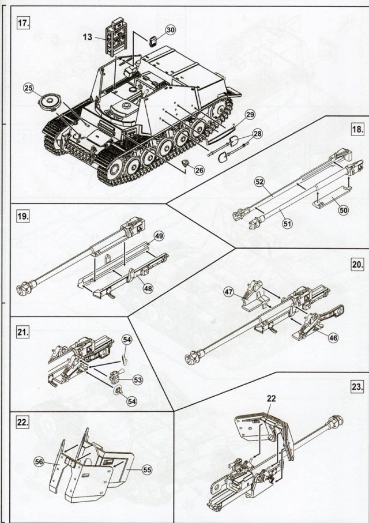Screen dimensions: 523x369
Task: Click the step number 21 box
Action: tap(22, 332)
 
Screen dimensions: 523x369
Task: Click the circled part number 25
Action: tap(29, 88)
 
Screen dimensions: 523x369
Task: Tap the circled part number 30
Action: tap(170, 29)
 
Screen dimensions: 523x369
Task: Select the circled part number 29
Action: tap(249, 114)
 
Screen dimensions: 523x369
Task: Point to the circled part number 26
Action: tap(199, 170)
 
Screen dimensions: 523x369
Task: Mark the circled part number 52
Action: tap(259, 182)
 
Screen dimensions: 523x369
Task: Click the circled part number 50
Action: tap(343, 210)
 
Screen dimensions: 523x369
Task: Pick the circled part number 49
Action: tap(159, 235)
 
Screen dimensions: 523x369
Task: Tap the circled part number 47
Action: tap(228, 293)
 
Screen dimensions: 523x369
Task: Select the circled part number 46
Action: tap(333, 338)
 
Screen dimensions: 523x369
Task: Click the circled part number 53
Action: tap(138, 379)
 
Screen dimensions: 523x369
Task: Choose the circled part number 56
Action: tap(39, 462)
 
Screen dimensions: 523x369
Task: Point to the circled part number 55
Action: tap(146, 471)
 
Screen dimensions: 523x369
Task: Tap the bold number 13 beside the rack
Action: tap(86, 37)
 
